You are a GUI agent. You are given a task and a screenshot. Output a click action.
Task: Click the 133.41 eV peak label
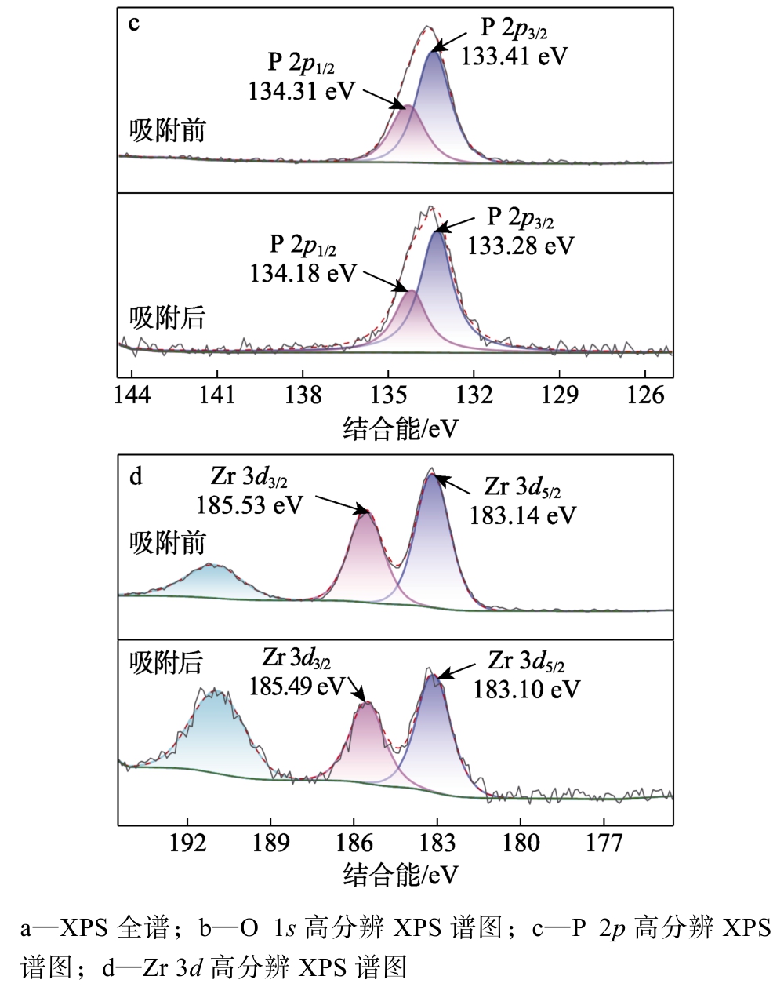[514, 56]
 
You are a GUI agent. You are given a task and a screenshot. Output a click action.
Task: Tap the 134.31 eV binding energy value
[301, 90]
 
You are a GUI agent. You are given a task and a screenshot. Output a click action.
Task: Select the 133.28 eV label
[521, 246]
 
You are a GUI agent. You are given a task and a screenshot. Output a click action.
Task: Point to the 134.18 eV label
[303, 273]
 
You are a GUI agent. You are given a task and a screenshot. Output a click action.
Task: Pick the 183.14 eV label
[522, 515]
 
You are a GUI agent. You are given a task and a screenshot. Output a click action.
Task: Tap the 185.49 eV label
[296, 687]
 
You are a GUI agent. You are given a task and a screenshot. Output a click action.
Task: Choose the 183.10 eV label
[526, 689]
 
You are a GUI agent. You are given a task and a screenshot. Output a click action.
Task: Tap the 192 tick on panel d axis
[187, 843]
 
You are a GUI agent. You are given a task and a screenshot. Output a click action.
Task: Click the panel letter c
[134, 24]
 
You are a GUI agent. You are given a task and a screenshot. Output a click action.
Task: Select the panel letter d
[136, 476]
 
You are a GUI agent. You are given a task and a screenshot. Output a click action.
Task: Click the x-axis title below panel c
[400, 428]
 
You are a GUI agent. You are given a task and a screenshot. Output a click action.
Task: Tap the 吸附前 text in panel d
[167, 543]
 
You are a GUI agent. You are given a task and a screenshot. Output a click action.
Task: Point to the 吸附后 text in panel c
[167, 318]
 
